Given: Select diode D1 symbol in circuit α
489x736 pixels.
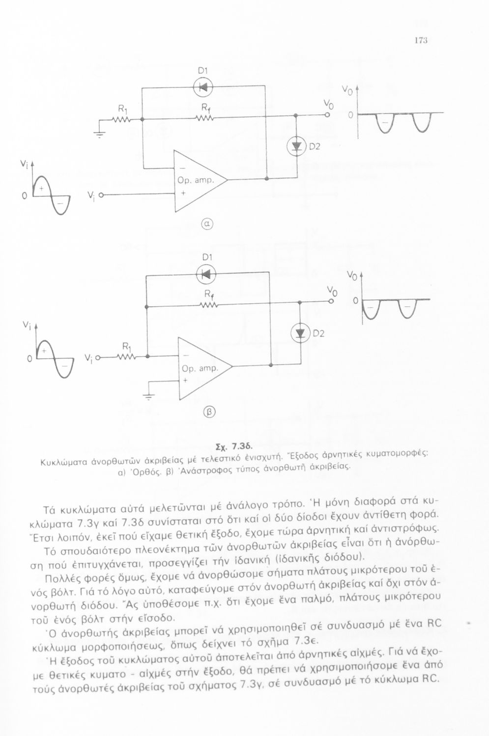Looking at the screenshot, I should point(202,87).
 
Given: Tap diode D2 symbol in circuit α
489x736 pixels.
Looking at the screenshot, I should point(296,147).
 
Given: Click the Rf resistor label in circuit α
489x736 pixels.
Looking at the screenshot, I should point(205,108).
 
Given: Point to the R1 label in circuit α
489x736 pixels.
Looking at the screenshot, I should point(122,108).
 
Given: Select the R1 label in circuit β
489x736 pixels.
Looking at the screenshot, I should point(126,347).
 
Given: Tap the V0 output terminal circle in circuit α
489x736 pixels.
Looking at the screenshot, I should point(327,115).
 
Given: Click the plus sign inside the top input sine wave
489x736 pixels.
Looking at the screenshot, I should point(41,188).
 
